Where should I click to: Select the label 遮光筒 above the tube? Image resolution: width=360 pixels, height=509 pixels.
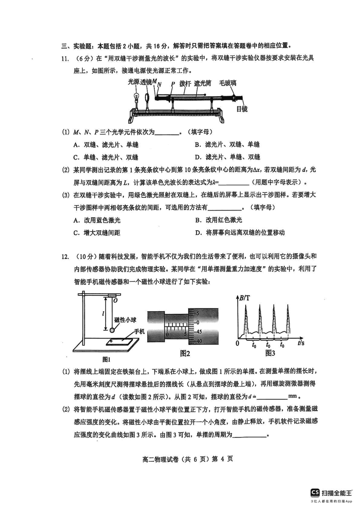[x=203, y=83]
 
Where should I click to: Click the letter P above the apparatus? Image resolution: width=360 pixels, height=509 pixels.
[x=172, y=83]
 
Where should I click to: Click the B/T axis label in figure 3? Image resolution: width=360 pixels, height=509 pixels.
[x=246, y=298]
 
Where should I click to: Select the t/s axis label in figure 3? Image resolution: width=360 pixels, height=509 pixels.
[x=302, y=343]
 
